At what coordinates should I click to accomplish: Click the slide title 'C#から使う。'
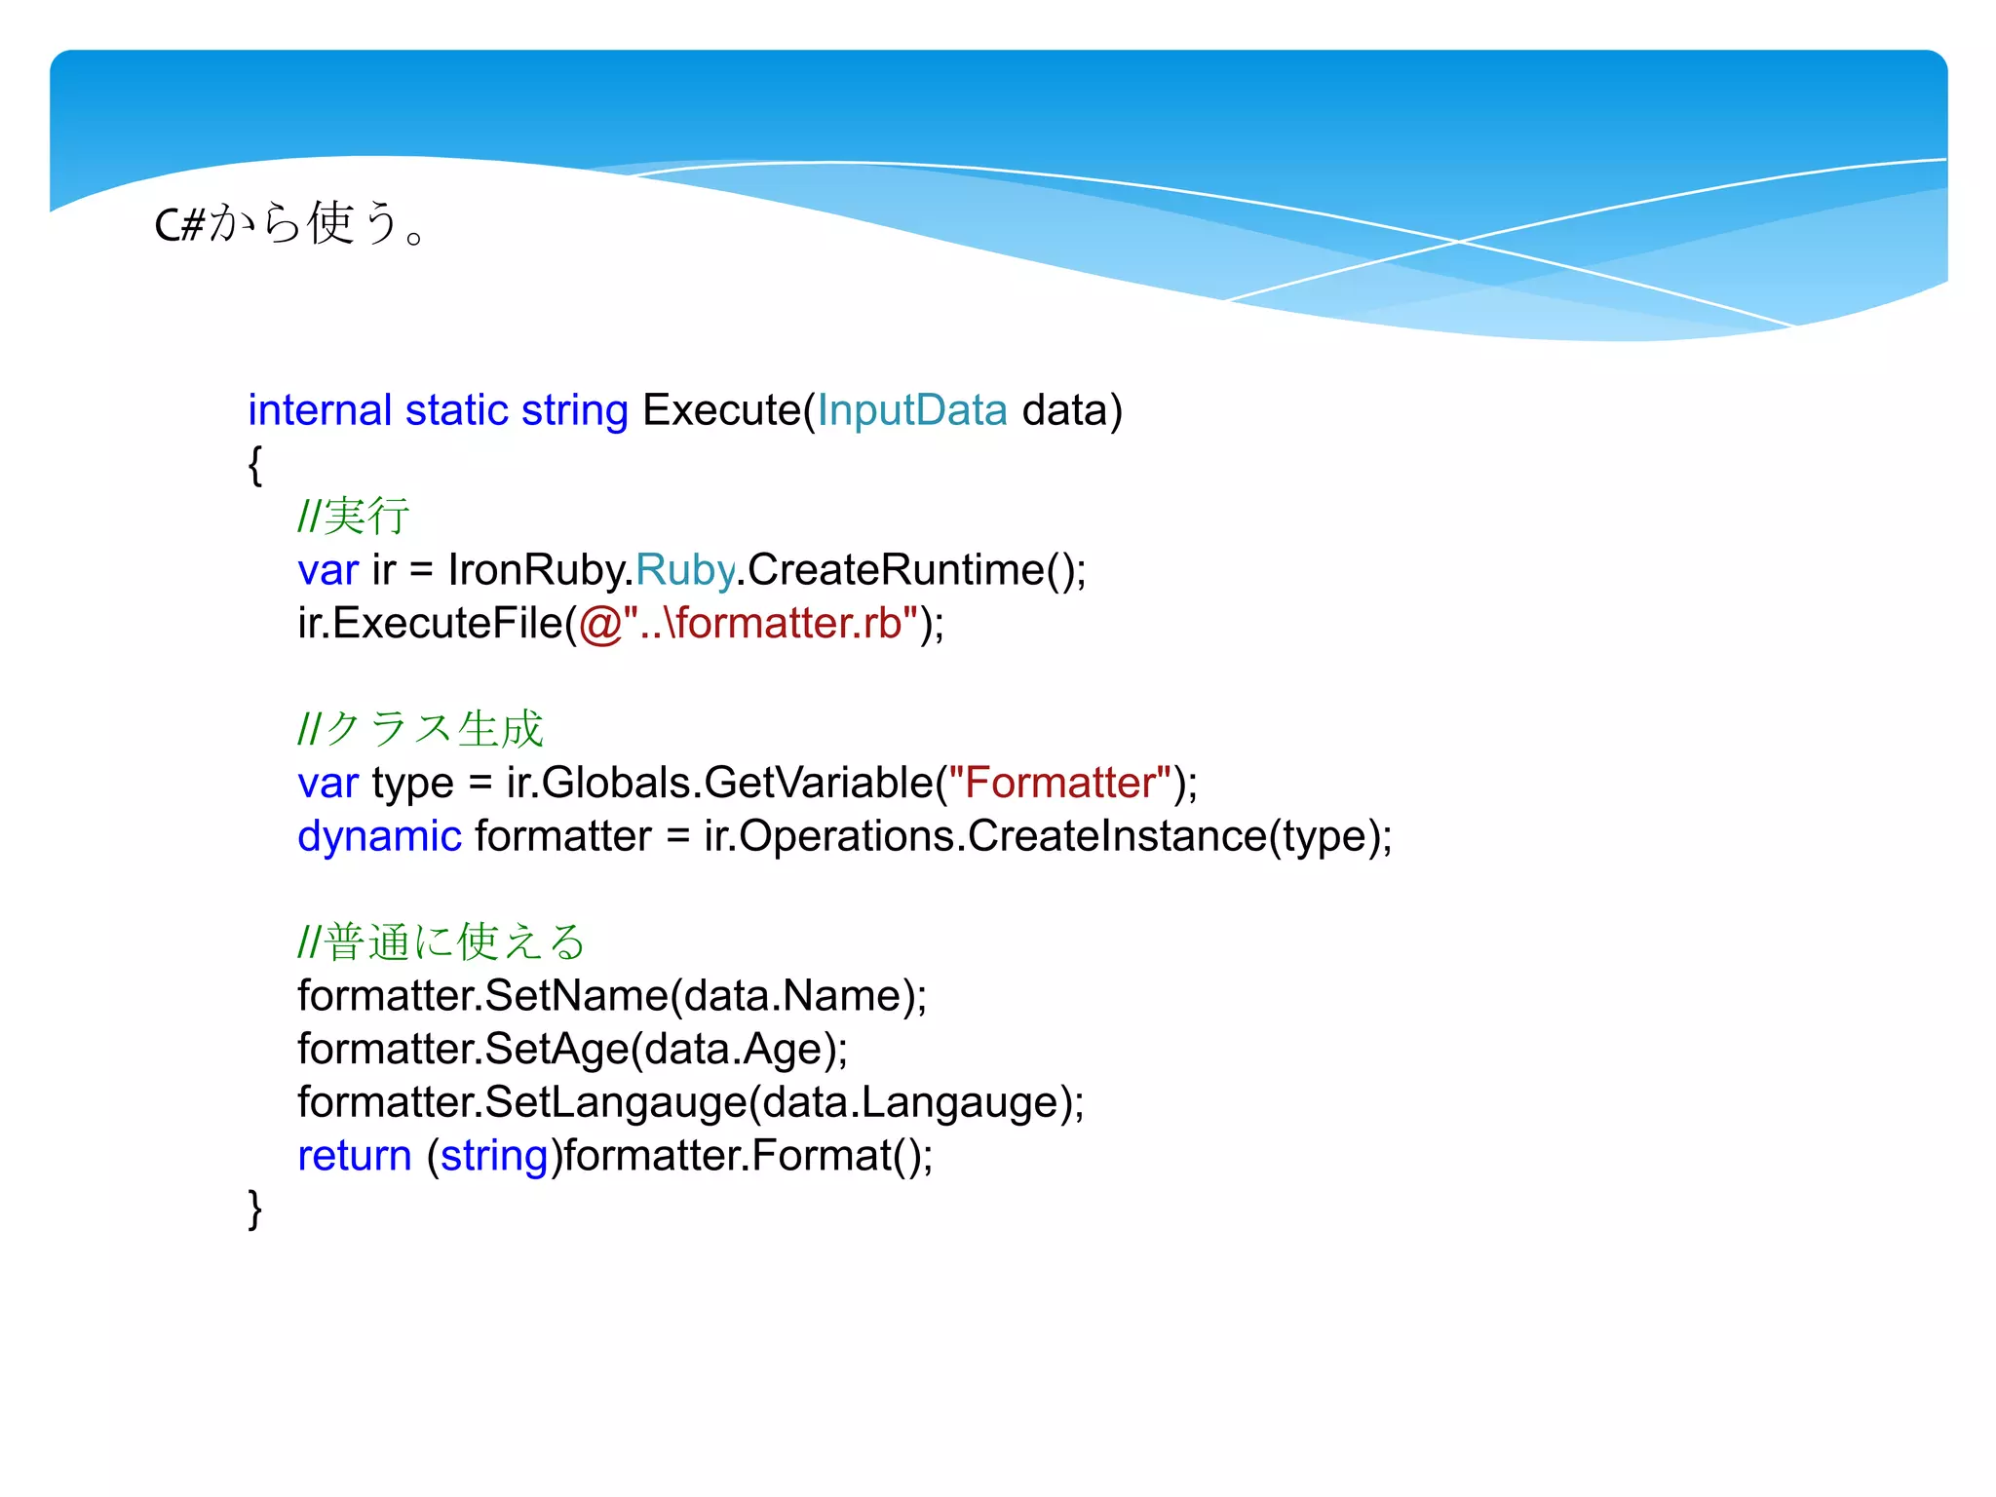click(x=290, y=224)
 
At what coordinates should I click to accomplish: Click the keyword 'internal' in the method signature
click(x=320, y=410)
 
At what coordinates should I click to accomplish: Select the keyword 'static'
click(x=456, y=410)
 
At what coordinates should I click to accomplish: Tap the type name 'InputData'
click(x=911, y=410)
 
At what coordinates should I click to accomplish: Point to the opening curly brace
click(x=255, y=464)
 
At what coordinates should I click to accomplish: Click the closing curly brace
click(x=255, y=1209)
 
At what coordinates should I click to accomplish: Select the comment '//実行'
click(x=353, y=517)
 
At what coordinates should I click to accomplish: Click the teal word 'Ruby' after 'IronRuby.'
click(x=685, y=570)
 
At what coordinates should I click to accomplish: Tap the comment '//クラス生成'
click(x=420, y=729)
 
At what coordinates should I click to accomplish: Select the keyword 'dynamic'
click(x=379, y=836)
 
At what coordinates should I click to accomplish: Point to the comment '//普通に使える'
click(x=441, y=942)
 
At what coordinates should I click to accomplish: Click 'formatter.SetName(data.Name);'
click(x=612, y=996)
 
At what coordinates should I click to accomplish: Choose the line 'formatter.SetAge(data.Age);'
click(x=572, y=1050)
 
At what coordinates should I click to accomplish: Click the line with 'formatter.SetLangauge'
click(x=690, y=1102)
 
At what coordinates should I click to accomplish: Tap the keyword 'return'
click(x=355, y=1156)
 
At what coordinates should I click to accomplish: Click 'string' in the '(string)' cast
click(x=494, y=1156)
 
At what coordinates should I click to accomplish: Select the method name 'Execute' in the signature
click(x=721, y=410)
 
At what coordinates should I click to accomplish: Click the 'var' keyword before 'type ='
click(x=327, y=783)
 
